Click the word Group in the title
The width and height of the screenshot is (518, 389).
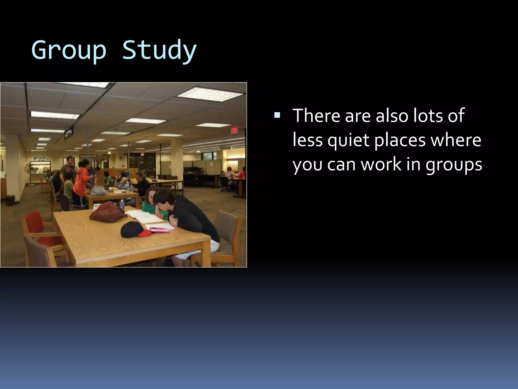[69, 50]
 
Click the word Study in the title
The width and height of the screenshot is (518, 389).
[159, 50]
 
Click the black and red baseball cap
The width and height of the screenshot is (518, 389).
[134, 229]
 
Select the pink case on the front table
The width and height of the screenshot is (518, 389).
[160, 230]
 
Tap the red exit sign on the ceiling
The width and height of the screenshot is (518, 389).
[234, 130]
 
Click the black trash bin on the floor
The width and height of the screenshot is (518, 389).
[11, 200]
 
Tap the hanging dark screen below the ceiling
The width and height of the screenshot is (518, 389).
[69, 133]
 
